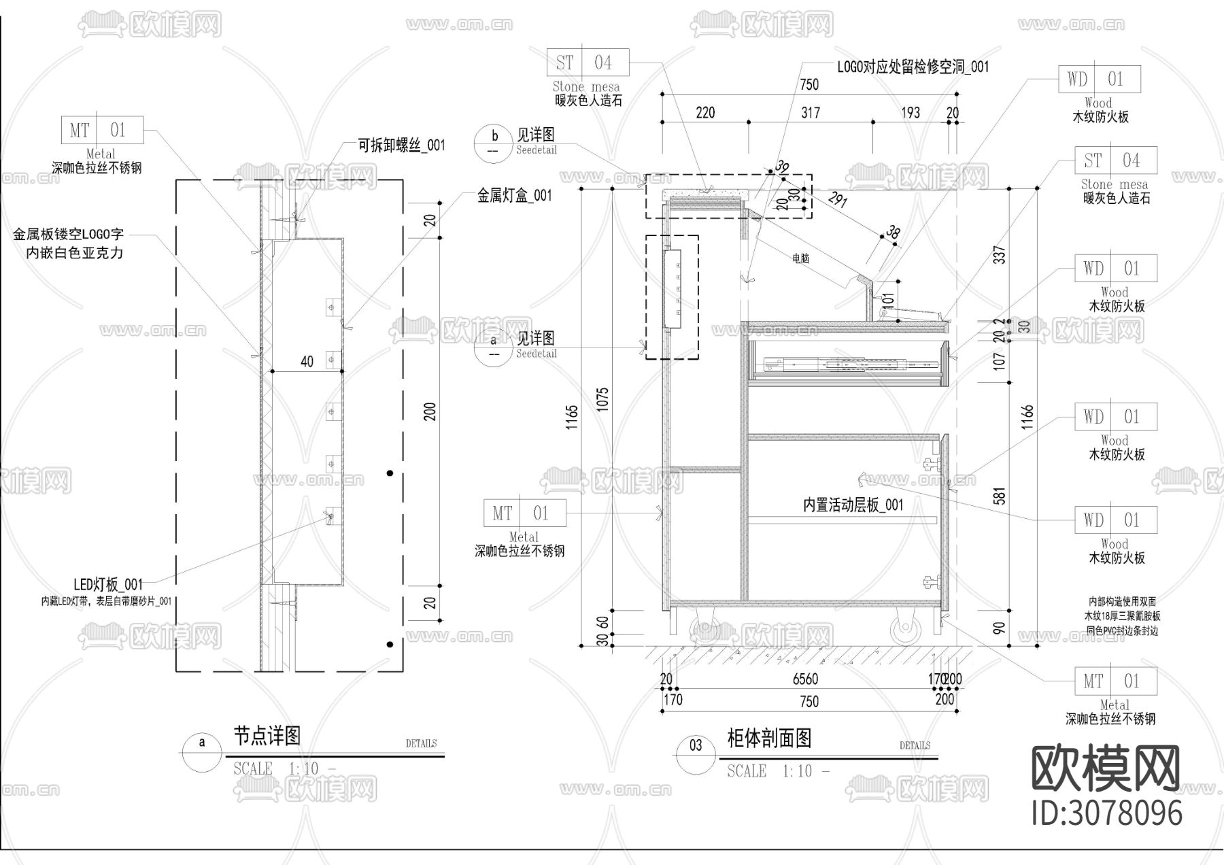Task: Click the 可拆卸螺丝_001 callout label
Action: [401, 145]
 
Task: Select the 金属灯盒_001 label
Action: [514, 196]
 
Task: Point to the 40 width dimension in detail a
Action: [307, 361]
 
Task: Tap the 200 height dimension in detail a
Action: [430, 411]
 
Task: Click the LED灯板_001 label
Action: [108, 584]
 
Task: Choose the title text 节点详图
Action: [267, 735]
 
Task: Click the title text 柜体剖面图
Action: [769, 738]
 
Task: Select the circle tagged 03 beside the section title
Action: [696, 746]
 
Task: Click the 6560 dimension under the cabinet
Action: [805, 679]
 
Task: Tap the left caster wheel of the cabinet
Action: [706, 630]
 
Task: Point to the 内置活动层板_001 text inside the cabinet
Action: [853, 505]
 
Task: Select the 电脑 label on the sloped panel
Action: [800, 258]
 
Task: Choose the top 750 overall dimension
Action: [809, 84]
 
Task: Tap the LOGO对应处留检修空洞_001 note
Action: [913, 67]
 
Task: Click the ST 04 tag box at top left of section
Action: [588, 63]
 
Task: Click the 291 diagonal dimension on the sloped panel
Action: [838, 200]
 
